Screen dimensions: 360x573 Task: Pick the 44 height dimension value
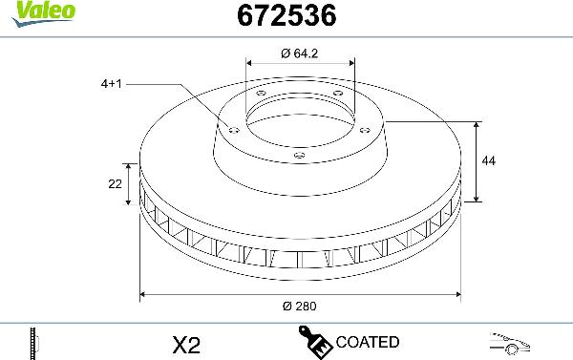click(x=489, y=161)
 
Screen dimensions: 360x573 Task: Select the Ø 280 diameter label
click(x=299, y=306)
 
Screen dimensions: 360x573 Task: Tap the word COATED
click(x=368, y=342)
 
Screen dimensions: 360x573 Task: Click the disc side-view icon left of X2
click(x=33, y=342)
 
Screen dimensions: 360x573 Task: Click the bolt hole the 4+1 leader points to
click(x=232, y=126)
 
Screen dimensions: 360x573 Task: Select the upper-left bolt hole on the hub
click(x=261, y=93)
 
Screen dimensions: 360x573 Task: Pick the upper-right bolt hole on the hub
click(x=337, y=92)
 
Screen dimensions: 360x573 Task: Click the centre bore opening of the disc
click(x=299, y=119)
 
